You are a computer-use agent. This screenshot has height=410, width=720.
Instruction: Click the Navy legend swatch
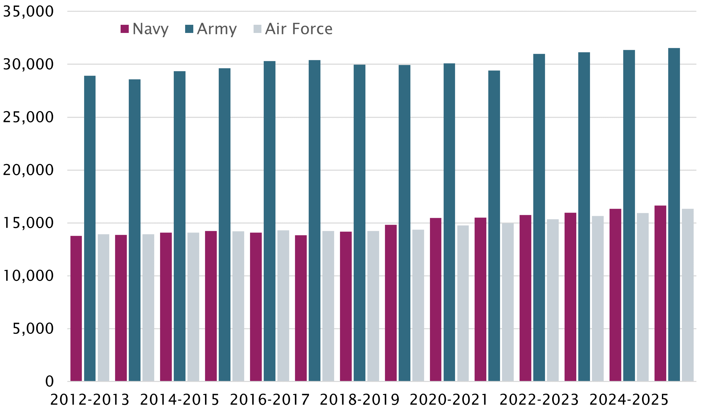point(125,29)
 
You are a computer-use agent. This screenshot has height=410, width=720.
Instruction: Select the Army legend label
point(217,29)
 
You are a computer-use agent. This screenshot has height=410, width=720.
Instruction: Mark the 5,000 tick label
point(33,328)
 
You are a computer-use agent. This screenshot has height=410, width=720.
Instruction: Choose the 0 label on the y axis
point(50,381)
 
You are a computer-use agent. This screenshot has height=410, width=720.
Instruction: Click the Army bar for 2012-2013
point(90,228)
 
